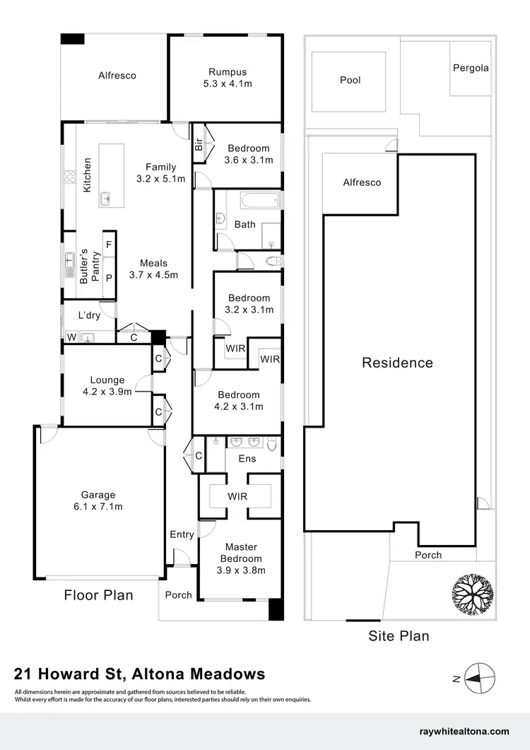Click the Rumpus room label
click(227, 77)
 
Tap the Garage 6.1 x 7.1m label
click(98, 500)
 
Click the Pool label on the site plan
click(350, 80)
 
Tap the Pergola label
click(471, 69)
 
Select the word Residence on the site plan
click(397, 363)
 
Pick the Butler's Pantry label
click(88, 266)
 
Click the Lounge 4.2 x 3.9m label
click(107, 386)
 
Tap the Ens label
click(247, 459)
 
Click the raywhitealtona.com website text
click(464, 732)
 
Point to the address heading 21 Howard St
click(140, 674)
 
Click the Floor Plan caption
click(98, 595)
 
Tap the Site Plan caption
click(399, 636)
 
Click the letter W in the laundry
click(71, 338)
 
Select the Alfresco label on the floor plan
click(117, 76)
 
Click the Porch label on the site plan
click(428, 555)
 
